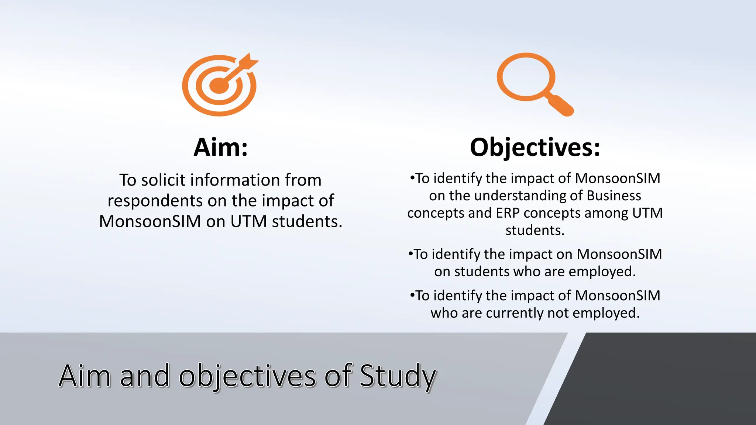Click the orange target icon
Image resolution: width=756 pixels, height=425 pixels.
219,86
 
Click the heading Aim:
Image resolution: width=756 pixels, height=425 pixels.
220,147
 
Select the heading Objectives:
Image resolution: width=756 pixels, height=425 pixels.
535,147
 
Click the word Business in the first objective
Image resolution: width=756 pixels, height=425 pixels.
614,196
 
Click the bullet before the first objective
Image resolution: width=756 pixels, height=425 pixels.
412,178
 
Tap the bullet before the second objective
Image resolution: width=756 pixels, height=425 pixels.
410,254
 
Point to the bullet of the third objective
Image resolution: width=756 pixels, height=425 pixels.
412,295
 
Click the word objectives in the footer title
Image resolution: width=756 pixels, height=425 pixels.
247,376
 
